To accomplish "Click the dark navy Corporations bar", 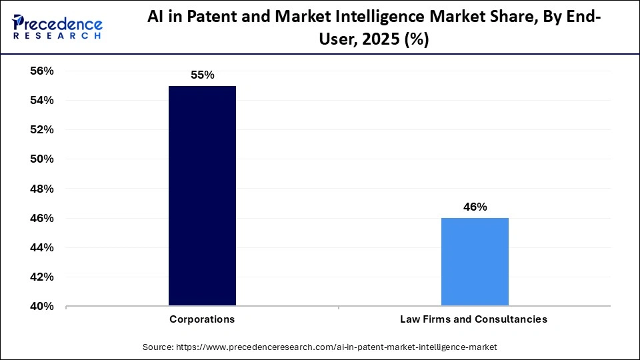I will (202, 196).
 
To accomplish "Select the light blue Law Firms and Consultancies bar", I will (475, 262).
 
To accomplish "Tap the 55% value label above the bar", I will (202, 75).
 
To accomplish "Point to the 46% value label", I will (475, 207).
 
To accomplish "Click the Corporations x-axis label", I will (202, 319).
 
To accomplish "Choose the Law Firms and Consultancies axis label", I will (473, 319).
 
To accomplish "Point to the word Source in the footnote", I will (158, 347).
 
